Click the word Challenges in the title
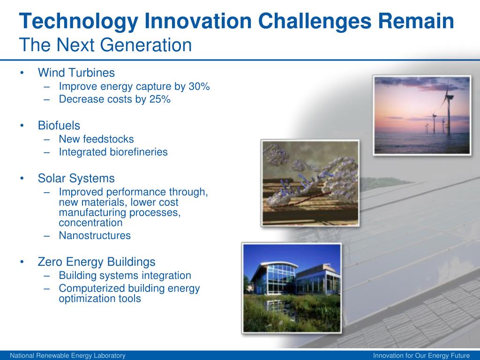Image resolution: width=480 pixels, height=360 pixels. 315,22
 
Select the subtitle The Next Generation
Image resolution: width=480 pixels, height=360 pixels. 105,45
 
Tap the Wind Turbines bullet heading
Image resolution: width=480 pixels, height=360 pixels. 76,73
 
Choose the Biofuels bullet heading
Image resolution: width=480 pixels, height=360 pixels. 59,126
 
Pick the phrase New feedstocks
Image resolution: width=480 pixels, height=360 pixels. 96,139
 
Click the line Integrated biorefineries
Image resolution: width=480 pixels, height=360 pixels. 113,152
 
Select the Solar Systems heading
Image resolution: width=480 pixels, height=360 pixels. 76,179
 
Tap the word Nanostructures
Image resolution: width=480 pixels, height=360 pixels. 95,235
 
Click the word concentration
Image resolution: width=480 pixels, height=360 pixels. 90,223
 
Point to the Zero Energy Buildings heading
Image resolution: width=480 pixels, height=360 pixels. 97,262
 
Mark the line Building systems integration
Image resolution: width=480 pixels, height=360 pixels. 125,276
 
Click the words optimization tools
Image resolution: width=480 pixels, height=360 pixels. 100,299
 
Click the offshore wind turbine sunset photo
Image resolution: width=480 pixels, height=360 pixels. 422,115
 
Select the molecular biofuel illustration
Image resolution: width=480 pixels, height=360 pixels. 310,183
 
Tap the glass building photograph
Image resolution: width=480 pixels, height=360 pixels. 292,288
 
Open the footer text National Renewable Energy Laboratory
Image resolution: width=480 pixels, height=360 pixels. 67,355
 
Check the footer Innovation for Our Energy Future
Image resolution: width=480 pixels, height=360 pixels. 421,355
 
